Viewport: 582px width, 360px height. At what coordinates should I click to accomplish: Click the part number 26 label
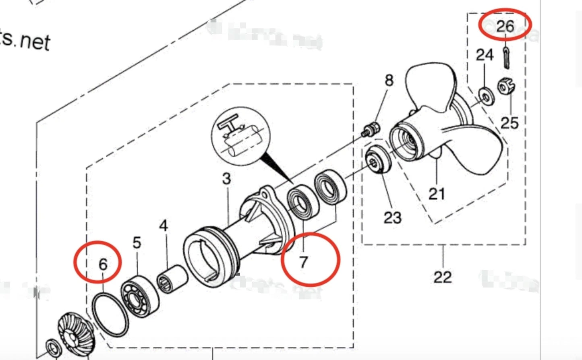(505, 27)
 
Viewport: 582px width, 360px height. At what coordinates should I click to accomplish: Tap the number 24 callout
(485, 55)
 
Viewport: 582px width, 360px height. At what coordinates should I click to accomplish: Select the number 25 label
(509, 122)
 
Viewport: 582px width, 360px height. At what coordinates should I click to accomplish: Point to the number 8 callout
(389, 80)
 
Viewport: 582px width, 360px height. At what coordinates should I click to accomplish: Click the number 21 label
(437, 194)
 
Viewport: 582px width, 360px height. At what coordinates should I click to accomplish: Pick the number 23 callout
(392, 218)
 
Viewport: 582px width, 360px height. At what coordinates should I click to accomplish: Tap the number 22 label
(442, 277)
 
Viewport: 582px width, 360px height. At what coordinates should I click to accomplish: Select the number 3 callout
(227, 178)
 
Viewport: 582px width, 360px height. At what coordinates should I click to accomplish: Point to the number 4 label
(163, 226)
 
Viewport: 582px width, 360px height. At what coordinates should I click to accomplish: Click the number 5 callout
(137, 243)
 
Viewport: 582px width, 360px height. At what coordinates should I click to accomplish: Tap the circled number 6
(103, 264)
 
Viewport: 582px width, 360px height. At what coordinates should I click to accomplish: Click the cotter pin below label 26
(506, 58)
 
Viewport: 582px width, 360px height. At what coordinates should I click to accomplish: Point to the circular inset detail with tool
(240, 135)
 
